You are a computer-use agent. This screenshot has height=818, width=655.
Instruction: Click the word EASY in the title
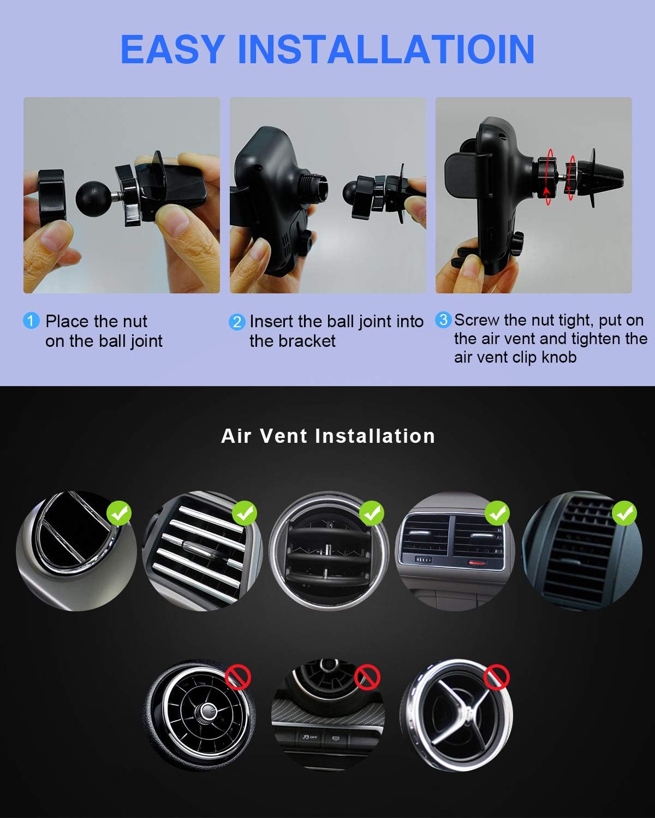172,50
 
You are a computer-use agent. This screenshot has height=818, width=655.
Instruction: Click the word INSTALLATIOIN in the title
386,50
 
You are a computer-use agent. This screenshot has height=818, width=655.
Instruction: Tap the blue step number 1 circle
31,321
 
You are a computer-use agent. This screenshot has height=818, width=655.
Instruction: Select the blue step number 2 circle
237,322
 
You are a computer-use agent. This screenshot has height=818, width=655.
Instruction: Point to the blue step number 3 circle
443,320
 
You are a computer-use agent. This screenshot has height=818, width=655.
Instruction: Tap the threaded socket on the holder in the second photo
312,187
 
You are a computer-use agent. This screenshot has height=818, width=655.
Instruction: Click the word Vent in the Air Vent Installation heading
283,436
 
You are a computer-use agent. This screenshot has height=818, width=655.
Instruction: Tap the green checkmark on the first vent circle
119,513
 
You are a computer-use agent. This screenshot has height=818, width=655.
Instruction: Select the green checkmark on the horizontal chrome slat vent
245,513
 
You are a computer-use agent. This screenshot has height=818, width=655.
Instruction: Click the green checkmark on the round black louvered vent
372,513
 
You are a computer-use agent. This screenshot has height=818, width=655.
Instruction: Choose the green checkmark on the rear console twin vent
497,513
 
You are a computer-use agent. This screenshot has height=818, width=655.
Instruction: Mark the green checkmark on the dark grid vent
624,513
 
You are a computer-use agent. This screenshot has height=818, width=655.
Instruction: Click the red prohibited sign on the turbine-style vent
238,677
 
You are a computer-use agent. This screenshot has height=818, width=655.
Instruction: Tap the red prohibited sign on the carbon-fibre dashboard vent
367,677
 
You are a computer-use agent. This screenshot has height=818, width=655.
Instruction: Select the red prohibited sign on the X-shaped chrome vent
496,677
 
